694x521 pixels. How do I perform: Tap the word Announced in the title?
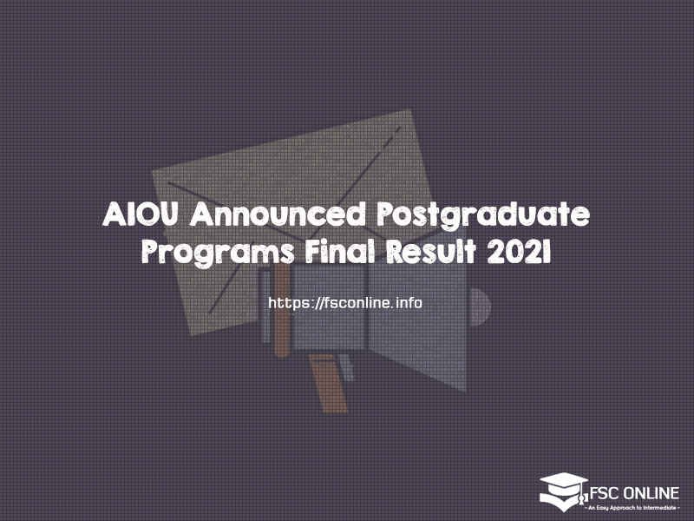point(278,214)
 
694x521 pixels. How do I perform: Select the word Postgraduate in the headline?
point(483,216)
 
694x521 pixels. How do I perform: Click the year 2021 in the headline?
point(519,252)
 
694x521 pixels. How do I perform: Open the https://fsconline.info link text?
point(345,303)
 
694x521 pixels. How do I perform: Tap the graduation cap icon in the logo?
point(563,491)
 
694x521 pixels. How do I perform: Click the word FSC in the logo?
point(604,493)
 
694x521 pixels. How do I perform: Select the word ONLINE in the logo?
point(651,493)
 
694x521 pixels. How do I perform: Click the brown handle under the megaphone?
point(329,383)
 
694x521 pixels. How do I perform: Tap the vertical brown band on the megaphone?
point(281,310)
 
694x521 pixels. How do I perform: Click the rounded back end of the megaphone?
point(480,307)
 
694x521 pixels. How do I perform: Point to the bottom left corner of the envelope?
point(191,334)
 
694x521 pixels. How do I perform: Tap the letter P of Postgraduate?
point(385,214)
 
